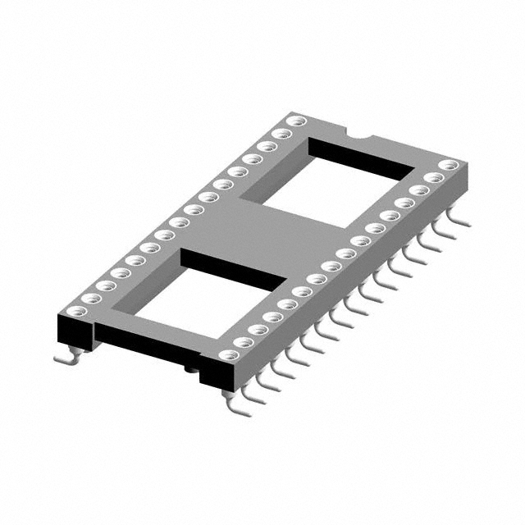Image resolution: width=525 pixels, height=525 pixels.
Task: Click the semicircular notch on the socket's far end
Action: pos(358,132)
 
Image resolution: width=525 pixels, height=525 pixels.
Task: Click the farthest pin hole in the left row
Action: pos(297,121)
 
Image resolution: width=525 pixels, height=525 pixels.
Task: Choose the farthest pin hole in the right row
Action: pos(445,165)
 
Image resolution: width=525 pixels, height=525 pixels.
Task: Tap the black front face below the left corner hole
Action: pos(74,332)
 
